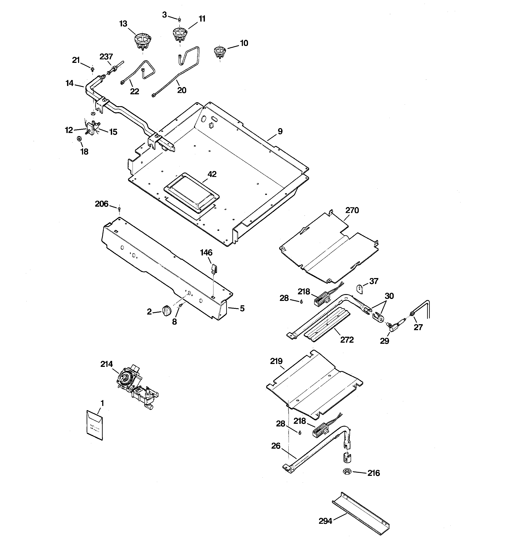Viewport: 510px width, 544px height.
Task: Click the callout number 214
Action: coord(106,364)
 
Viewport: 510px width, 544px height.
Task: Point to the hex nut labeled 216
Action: coord(347,471)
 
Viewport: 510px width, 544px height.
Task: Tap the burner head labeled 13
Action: coord(143,41)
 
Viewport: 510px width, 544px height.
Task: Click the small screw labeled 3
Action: coord(179,19)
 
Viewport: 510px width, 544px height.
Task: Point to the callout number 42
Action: coord(212,174)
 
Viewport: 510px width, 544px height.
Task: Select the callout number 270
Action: coord(352,210)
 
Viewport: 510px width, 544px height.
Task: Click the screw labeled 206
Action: coord(119,209)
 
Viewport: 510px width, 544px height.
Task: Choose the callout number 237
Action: coord(106,57)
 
